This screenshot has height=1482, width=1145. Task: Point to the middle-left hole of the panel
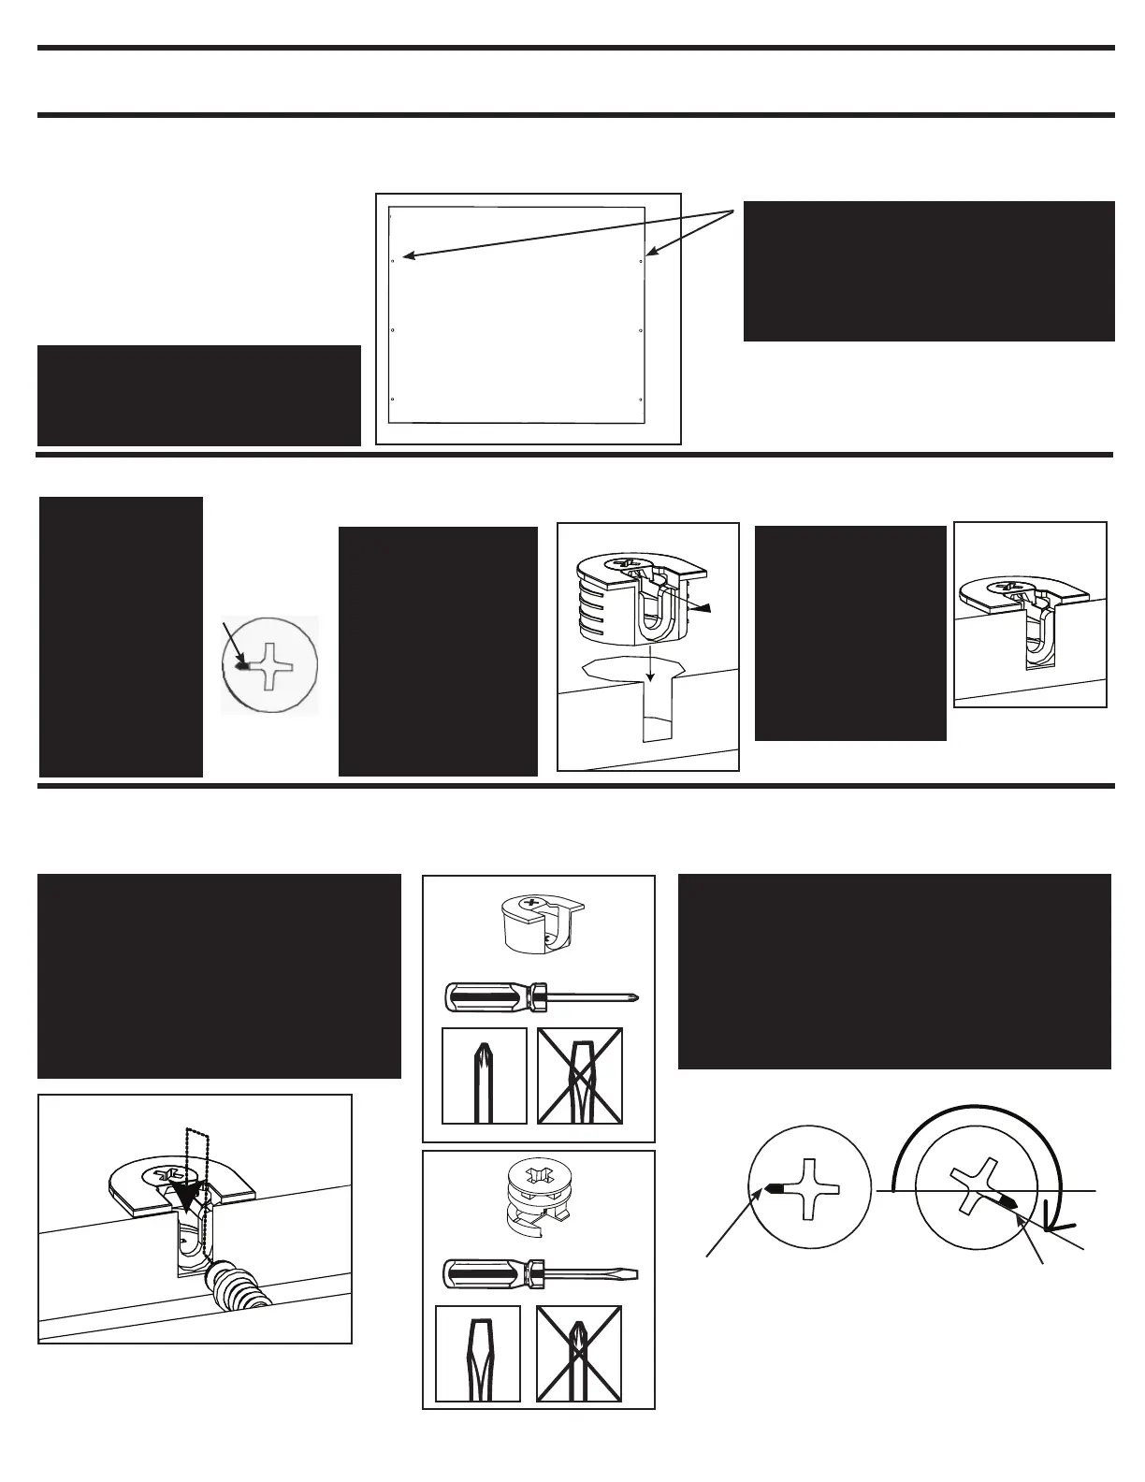tap(394, 331)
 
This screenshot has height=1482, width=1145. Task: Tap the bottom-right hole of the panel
tap(640, 400)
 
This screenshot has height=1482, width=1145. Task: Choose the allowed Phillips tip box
tap(484, 1076)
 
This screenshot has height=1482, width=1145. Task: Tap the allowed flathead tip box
tap(478, 1353)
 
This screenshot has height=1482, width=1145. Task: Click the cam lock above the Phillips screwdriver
tap(538, 923)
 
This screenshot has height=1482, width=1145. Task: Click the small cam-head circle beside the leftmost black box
tap(270, 664)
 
